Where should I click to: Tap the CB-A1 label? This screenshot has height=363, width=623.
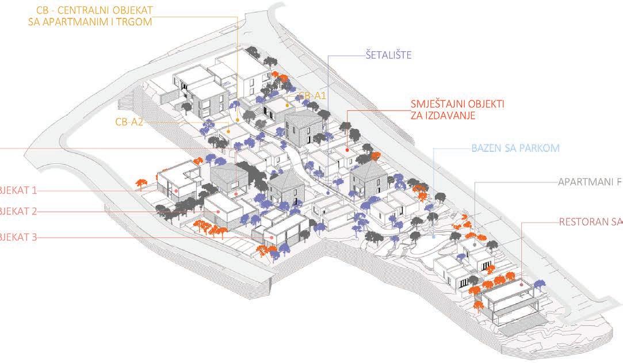point(312,95)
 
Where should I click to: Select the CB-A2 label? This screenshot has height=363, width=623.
point(129,122)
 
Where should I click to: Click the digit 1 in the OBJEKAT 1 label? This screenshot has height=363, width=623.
point(35,190)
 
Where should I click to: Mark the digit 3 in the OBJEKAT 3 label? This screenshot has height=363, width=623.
point(35,237)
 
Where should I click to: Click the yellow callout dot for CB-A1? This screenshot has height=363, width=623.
point(286,106)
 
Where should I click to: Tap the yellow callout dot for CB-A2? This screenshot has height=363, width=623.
point(229,132)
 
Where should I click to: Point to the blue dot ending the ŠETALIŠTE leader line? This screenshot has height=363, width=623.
point(328,192)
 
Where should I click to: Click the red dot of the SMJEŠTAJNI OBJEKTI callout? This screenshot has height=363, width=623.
point(348,150)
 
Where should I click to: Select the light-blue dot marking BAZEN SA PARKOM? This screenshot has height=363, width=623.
point(433,236)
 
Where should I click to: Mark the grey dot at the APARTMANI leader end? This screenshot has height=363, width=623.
point(475,244)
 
